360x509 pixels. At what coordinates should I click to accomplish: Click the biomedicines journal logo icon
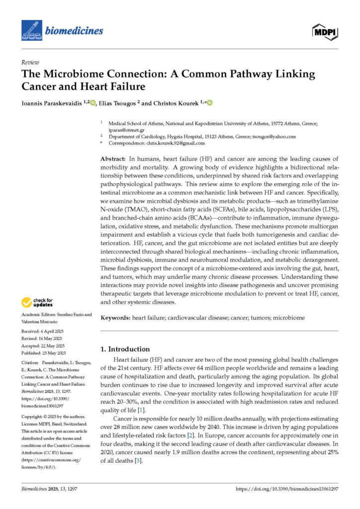(32, 30)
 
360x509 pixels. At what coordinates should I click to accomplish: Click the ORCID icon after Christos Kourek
(209, 103)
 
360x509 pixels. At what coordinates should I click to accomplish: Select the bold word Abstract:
(113, 158)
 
